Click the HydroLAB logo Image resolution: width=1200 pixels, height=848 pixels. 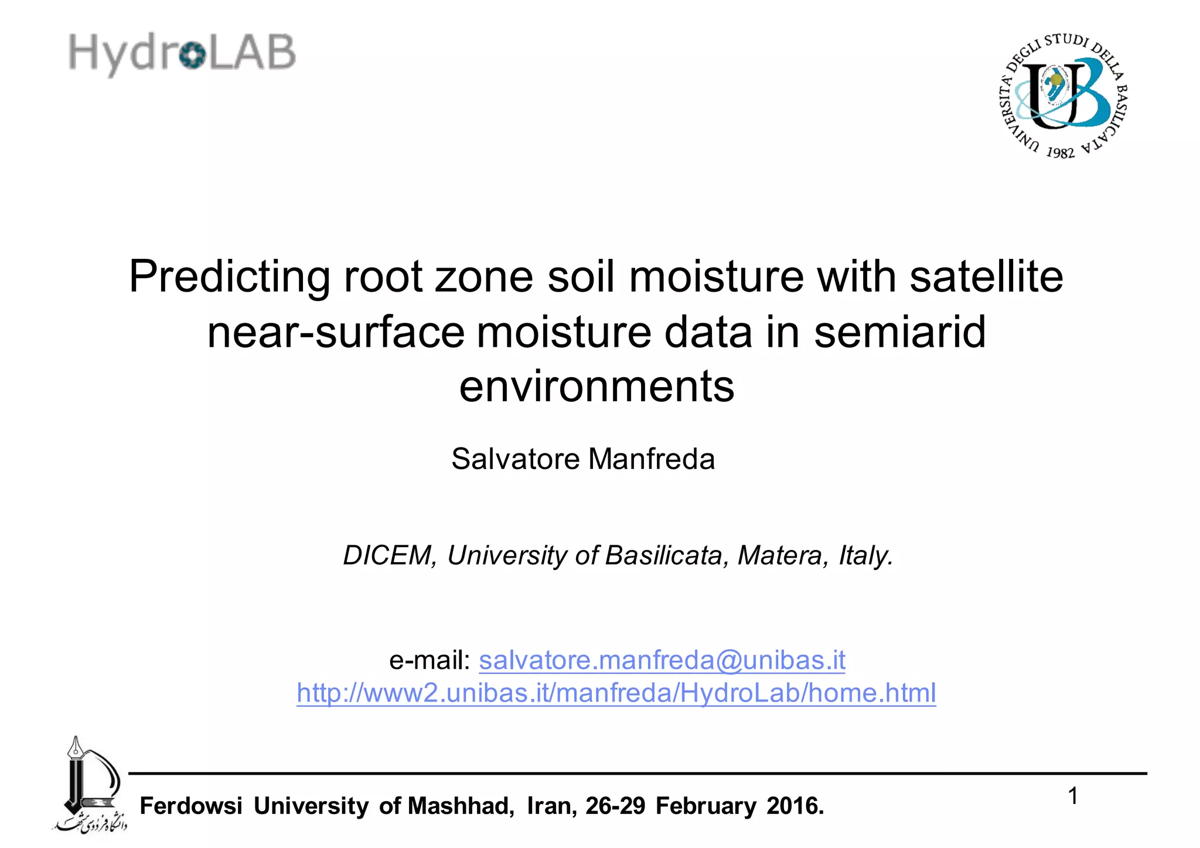[182, 53]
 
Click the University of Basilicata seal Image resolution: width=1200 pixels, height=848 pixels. [1062, 95]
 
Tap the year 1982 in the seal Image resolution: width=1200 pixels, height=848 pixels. [1060, 152]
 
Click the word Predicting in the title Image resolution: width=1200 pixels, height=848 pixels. [229, 276]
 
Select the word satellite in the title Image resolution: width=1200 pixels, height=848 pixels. [986, 276]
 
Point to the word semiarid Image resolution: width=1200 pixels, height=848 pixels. [899, 332]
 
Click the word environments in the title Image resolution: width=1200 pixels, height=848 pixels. [596, 387]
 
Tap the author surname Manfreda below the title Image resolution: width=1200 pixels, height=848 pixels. [652, 459]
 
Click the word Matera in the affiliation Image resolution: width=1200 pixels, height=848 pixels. [782, 555]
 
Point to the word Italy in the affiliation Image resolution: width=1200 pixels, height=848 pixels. [865, 555]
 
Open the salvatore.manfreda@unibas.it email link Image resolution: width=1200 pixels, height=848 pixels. [662, 661]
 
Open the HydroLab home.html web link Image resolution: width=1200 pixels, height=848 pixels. [616, 693]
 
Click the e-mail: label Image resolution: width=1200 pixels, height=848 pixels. [429, 661]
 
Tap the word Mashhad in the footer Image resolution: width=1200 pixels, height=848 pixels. [461, 806]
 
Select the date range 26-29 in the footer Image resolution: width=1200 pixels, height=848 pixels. [615, 806]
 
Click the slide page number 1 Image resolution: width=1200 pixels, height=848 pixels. [1073, 796]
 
